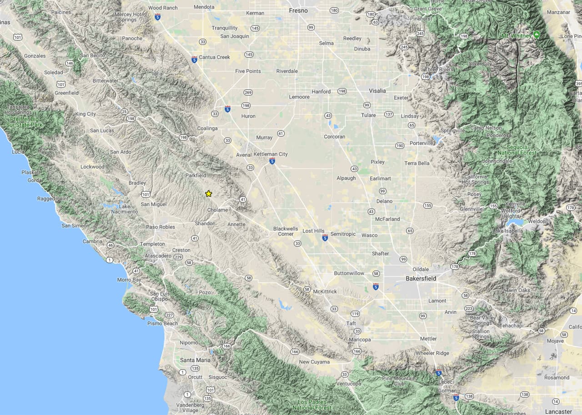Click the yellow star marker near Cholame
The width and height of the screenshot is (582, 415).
pos(209,193)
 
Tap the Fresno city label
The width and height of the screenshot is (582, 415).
pos(298,10)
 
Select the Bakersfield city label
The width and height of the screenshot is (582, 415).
pos(421,278)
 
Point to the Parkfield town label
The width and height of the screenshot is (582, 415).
pos(196,175)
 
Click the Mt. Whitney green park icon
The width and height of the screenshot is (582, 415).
pos(537,35)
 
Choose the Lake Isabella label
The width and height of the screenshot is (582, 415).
pos(508,231)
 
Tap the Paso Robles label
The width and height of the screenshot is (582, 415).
pos(161,227)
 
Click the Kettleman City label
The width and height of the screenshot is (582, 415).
pos(271,154)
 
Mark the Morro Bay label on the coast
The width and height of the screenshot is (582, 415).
pos(129,280)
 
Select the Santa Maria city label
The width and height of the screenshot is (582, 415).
pos(195,360)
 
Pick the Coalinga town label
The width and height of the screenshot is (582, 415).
pos(207,128)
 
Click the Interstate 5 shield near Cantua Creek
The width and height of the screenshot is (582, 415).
pos(194,59)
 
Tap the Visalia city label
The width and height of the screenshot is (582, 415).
pos(377,91)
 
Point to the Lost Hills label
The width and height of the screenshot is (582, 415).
pos(313,231)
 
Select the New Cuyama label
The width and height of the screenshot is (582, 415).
pos(314,362)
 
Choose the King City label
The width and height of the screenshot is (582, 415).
pos(85,114)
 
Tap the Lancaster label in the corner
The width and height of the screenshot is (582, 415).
pos(558,411)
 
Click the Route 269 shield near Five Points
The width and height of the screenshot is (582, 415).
pos(248,92)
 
